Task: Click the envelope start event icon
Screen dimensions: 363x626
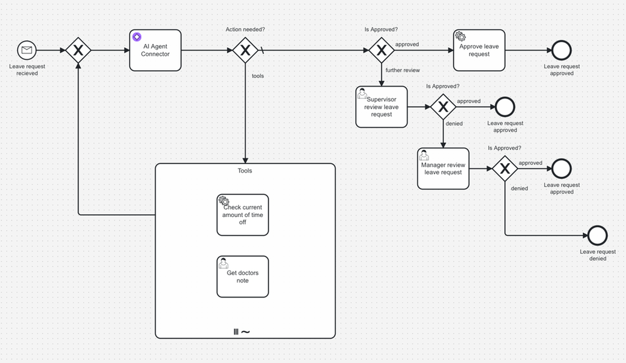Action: [x=27, y=50]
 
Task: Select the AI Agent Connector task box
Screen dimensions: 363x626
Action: [x=155, y=50]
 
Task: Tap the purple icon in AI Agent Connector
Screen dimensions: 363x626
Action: [x=137, y=37]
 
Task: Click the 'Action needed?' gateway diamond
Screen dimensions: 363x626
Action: [x=245, y=50]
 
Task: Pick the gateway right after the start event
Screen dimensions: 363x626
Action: [x=79, y=50]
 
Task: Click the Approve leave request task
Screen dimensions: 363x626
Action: [x=479, y=50]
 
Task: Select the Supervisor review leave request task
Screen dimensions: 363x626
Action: [x=381, y=107]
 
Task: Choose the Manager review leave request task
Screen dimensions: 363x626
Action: [x=443, y=169]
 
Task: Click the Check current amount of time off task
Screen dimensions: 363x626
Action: [x=242, y=215]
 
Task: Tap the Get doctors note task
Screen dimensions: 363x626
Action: [x=242, y=276]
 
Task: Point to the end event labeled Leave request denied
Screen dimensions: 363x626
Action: [x=598, y=235]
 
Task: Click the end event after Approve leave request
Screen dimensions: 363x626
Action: [x=562, y=50]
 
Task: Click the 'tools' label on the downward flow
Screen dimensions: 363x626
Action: [x=258, y=76]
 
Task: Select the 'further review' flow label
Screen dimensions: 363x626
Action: [x=402, y=70]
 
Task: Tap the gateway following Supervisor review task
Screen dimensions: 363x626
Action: [x=443, y=107]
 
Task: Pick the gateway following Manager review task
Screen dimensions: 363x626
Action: [x=504, y=169]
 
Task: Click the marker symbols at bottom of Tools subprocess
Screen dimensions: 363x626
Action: [x=242, y=332]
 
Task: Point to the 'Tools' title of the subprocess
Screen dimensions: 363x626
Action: [x=245, y=170]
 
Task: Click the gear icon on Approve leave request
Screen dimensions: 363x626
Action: [x=460, y=36]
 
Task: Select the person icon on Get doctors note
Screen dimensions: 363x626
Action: [x=224, y=263]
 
